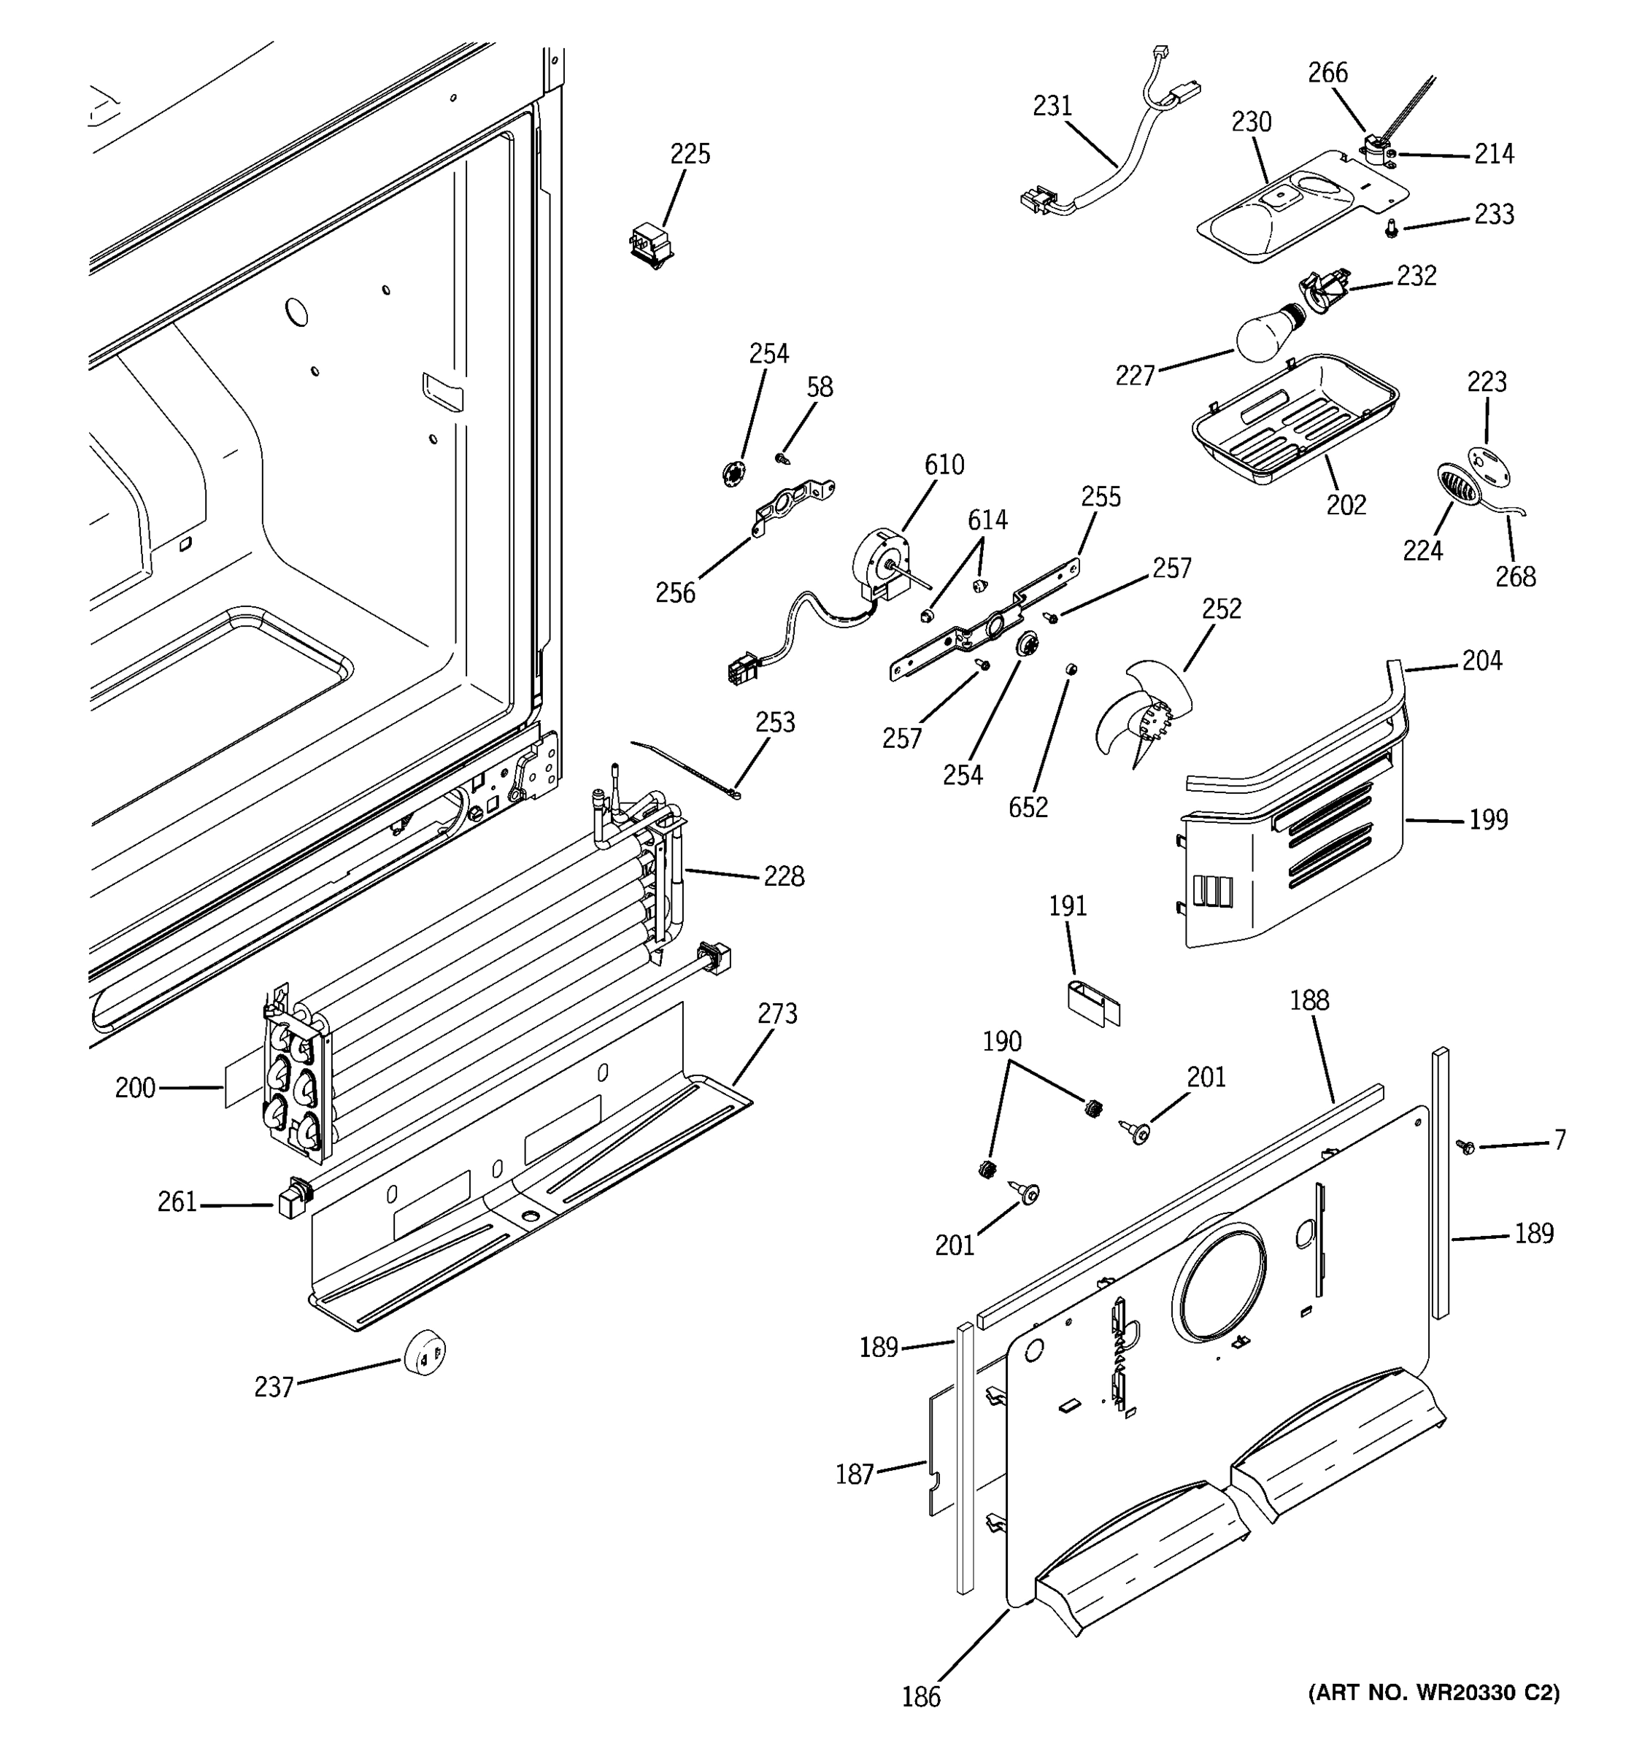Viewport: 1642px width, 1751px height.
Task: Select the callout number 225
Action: pyautogui.click(x=690, y=154)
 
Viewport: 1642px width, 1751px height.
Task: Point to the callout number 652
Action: pyautogui.click(x=1028, y=807)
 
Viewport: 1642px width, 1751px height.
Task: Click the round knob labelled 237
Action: pyautogui.click(x=425, y=1352)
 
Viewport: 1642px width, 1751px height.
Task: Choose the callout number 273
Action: pyautogui.click(x=777, y=1014)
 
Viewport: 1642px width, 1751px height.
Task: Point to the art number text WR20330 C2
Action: pyautogui.click(x=1433, y=1692)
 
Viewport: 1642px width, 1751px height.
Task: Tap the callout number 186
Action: pyautogui.click(x=920, y=1696)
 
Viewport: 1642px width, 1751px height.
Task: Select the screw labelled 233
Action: pyautogui.click(x=1390, y=229)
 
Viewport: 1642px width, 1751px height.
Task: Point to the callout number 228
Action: pyautogui.click(x=783, y=876)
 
